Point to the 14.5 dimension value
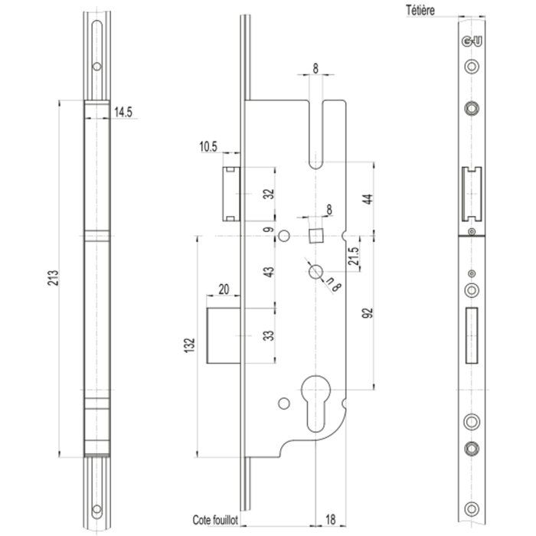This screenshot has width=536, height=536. point(124,113)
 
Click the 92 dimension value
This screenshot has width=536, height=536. point(367,312)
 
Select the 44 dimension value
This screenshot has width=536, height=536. point(367,198)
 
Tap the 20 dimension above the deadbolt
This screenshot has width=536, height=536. point(224,289)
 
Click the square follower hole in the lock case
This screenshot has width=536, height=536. point(315,233)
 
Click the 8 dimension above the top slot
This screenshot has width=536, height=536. point(315,68)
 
